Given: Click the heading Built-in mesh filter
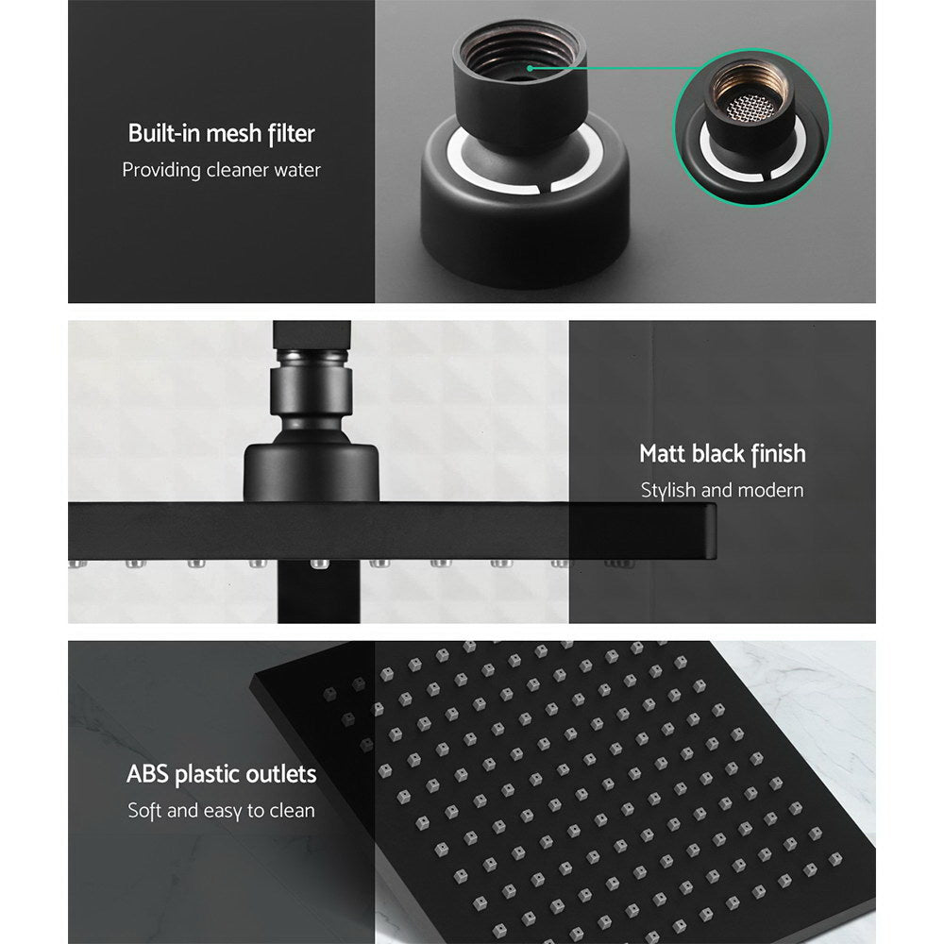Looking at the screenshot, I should click(x=221, y=133).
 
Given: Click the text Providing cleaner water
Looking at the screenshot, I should click(x=221, y=170).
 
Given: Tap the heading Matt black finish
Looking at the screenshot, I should click(x=722, y=454).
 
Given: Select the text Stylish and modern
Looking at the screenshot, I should click(x=722, y=490).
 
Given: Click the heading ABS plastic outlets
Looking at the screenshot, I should click(x=221, y=775).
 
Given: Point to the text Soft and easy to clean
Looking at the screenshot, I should click(x=221, y=811).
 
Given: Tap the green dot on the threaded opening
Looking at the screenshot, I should click(x=531, y=68).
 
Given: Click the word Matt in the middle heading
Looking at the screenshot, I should click(x=663, y=454).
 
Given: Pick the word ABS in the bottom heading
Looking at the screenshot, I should click(x=149, y=775).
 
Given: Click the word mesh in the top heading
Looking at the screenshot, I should click(x=220, y=133).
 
